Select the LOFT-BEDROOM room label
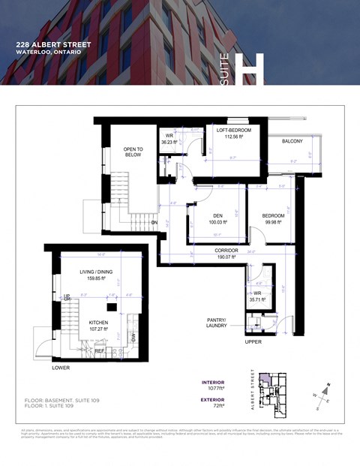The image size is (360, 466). pos(233,131)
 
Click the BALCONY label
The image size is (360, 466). pos(292,141)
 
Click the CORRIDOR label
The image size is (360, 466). pos(226,251)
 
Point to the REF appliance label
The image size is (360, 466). pos(100,350)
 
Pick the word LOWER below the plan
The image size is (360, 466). pos(61,368)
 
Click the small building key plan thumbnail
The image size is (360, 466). pos(271,396)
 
